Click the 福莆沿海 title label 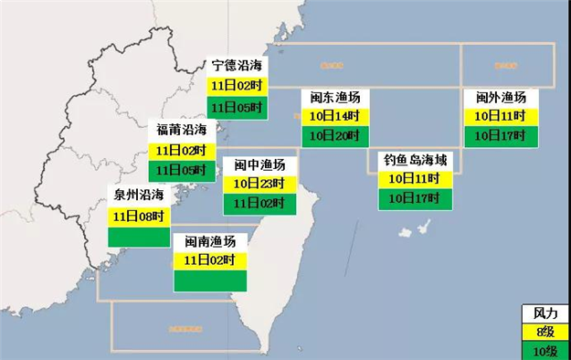181,129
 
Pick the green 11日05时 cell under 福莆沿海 181,169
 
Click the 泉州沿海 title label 139,195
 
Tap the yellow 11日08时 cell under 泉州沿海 139,217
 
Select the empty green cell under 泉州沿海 139,236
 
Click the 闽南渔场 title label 210,241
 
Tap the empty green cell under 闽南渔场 210,281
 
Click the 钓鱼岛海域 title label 416,159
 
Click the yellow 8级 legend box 545,330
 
